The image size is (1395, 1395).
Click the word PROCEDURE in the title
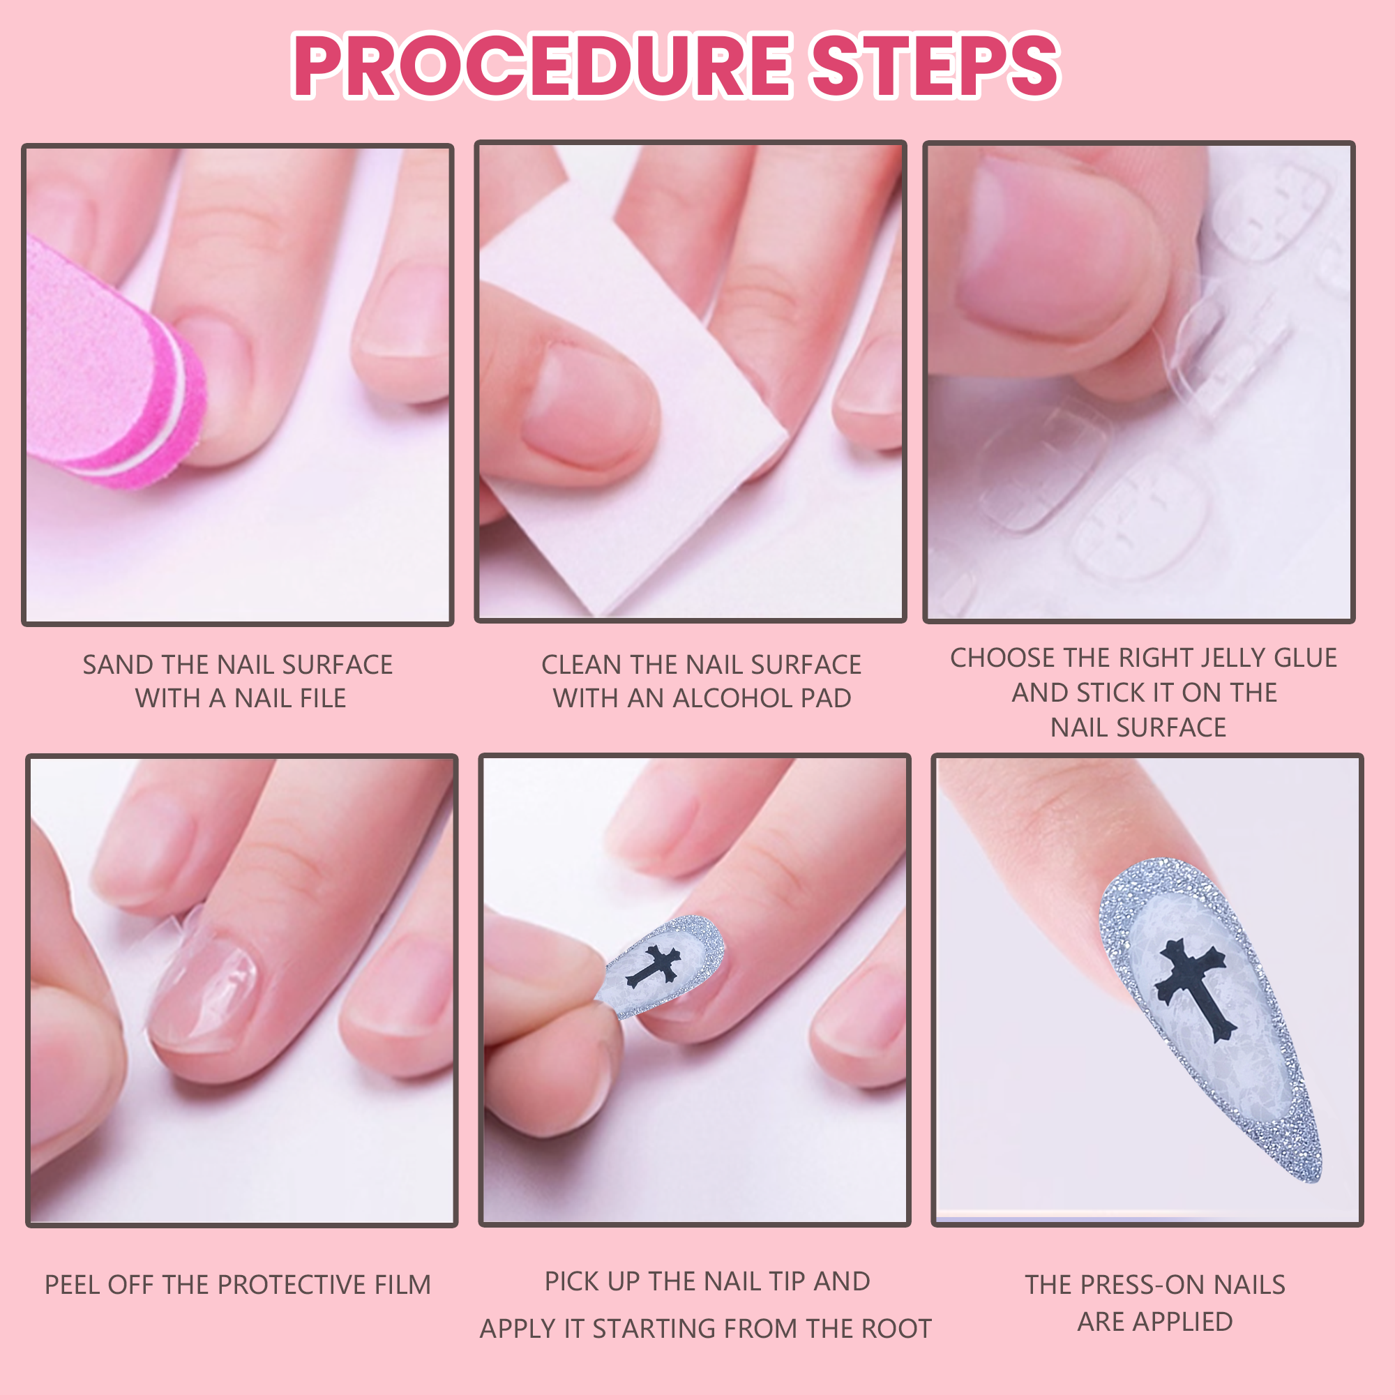542,66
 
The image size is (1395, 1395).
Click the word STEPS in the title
935,66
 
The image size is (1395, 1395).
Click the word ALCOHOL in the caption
731,698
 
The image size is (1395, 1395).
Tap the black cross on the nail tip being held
654,966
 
